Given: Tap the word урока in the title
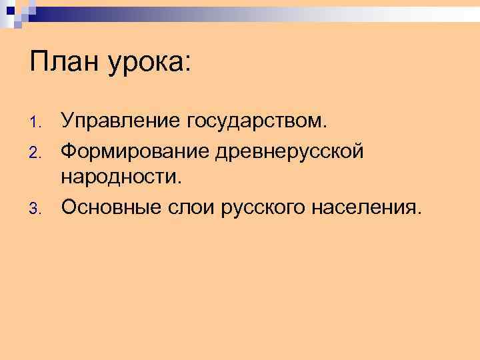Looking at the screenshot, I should [145, 65].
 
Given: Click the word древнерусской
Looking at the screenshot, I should [289, 151].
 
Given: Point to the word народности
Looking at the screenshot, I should [120, 179].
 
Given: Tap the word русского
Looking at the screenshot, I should [257, 209].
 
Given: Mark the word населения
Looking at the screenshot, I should [364, 208].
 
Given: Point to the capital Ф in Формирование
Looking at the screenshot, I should [69, 151].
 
